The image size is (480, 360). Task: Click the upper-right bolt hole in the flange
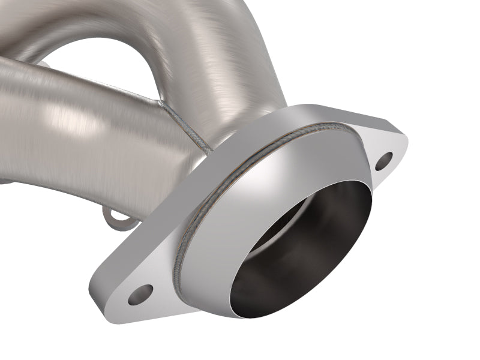tap(385, 160)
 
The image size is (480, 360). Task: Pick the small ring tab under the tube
tap(116, 220)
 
